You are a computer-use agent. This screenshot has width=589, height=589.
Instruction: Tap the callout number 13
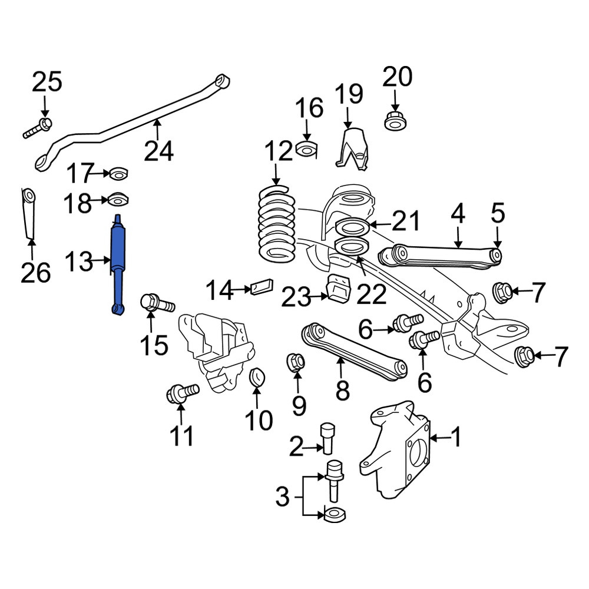point(79,262)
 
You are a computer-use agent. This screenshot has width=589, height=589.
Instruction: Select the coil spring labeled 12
point(277,224)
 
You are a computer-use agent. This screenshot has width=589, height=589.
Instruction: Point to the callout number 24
point(159,151)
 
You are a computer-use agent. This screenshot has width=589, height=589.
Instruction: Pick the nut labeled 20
point(396,121)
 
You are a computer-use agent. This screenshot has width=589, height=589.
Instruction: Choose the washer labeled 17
point(118,174)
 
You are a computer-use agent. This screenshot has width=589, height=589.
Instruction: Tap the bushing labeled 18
point(118,200)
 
